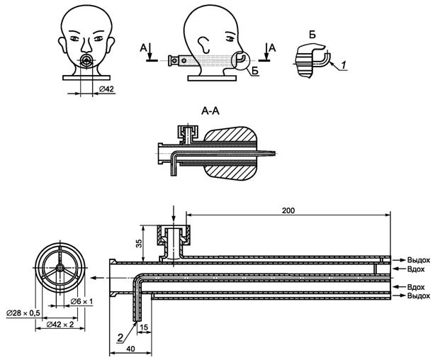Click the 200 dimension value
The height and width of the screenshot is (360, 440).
click(x=288, y=210)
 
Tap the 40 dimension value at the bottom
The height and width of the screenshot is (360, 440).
click(x=130, y=349)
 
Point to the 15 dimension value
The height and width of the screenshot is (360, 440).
click(x=144, y=327)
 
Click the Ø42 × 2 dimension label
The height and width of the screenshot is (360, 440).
click(x=60, y=324)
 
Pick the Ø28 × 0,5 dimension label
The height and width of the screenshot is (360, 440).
click(x=23, y=313)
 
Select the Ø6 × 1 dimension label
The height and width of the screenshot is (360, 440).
click(x=81, y=301)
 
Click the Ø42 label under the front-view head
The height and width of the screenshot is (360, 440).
click(x=106, y=89)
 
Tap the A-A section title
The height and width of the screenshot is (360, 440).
click(x=210, y=111)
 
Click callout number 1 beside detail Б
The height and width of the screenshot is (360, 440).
click(x=344, y=65)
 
